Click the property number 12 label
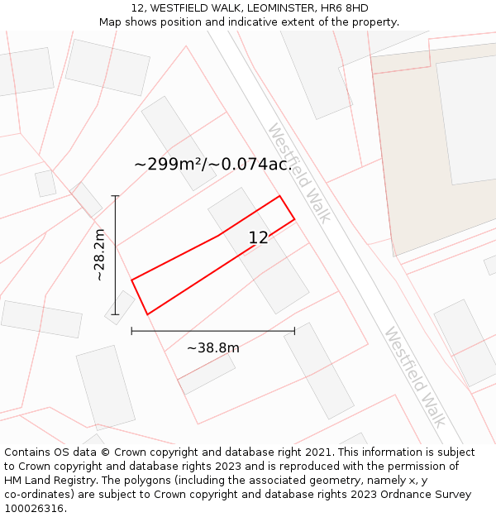click(x=258, y=238)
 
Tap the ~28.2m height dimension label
click(x=99, y=255)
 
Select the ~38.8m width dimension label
click(x=212, y=348)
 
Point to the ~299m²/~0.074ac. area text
click(x=213, y=164)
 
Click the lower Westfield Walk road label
click(x=414, y=376)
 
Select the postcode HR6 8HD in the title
click(x=345, y=8)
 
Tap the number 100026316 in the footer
click(x=34, y=509)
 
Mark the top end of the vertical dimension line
click(x=115, y=196)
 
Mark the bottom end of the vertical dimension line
click(x=115, y=314)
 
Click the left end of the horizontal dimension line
click(x=131, y=331)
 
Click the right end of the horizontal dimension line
click(x=294, y=331)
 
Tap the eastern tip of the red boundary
click(x=294, y=218)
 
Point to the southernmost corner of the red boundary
click(x=147, y=314)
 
